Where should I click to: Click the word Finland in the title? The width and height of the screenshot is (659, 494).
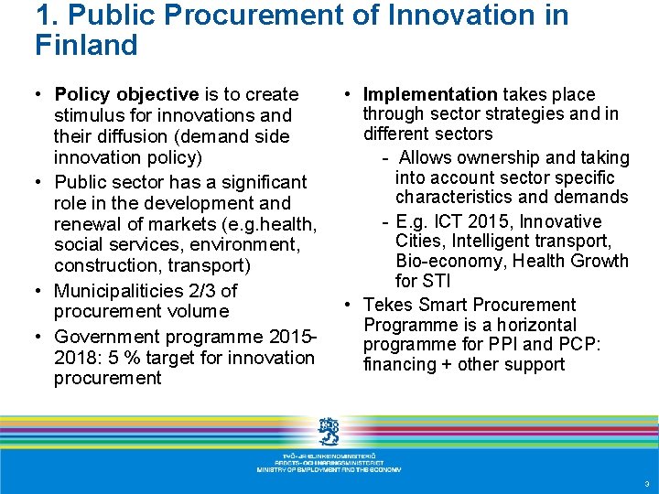86,45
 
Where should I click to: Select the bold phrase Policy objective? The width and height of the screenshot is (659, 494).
126,94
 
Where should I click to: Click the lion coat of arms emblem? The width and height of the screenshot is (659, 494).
329,430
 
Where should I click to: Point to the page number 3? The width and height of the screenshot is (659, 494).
646,484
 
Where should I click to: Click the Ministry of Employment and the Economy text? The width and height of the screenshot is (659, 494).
329,469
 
